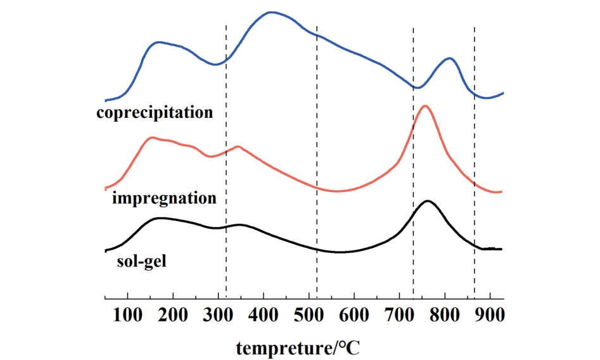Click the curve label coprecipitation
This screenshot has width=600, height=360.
click(x=155, y=113)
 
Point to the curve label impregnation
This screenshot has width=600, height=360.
click(x=164, y=198)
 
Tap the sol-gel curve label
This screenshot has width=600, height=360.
click(x=141, y=260)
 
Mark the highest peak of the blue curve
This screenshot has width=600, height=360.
click(x=271, y=12)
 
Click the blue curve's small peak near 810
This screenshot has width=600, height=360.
click(x=450, y=58)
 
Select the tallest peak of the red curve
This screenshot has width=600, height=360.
click(x=424, y=106)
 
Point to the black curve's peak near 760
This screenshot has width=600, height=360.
click(x=428, y=201)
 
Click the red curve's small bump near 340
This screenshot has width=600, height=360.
click(x=238, y=146)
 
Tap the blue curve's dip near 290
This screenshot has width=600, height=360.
click(x=215, y=64)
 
